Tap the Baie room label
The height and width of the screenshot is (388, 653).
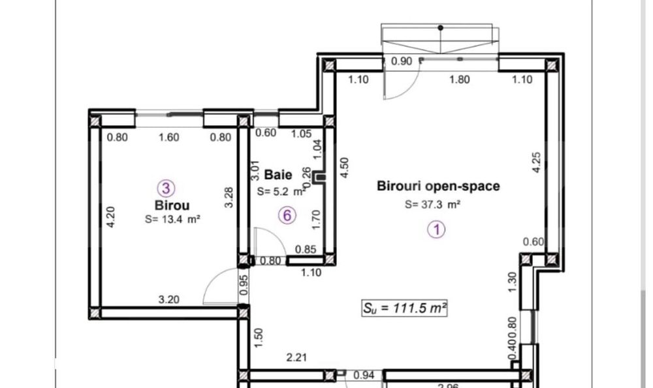click(x=278, y=175)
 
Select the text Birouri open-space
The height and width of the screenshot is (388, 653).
click(x=438, y=186)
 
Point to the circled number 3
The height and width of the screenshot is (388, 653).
click(x=167, y=188)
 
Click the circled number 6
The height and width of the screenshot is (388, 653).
click(x=288, y=215)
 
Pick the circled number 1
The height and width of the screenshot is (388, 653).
click(x=436, y=229)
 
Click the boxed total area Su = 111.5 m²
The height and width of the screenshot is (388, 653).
click(x=405, y=308)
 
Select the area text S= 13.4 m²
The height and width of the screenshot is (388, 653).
click(x=172, y=220)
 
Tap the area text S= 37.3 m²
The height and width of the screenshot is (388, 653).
click(x=433, y=204)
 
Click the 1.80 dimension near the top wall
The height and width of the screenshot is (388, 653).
click(x=460, y=80)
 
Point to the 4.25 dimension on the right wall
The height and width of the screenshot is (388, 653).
click(x=536, y=162)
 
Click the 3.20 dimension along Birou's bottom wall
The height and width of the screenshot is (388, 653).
click(x=170, y=299)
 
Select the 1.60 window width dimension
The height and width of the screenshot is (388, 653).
click(x=169, y=137)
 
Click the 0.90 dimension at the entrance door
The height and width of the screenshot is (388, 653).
click(x=401, y=62)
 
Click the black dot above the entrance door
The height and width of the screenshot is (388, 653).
click(x=441, y=27)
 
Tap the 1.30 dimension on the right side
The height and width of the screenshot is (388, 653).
click(x=512, y=282)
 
